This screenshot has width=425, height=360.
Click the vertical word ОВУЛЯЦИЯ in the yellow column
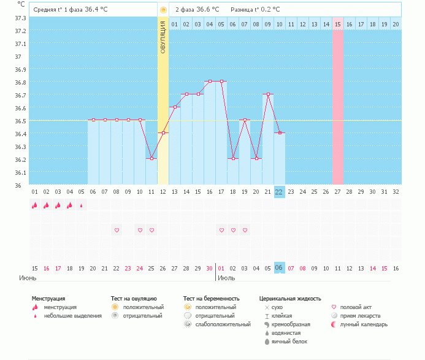(163, 37)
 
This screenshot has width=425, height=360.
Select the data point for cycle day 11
(151, 158)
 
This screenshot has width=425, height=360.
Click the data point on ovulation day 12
(163, 132)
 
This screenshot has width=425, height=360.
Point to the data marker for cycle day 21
(267, 94)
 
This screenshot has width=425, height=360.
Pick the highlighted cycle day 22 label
(279, 191)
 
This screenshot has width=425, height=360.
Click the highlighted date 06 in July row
(279, 268)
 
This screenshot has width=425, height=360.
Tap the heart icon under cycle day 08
(117, 230)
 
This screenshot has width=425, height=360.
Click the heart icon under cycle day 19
(245, 230)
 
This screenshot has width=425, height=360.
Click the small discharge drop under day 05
(82, 206)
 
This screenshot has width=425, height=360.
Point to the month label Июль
(226, 278)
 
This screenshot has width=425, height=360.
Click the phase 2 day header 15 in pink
(337, 24)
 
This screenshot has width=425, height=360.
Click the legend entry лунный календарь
(364, 324)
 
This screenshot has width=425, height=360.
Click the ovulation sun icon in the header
(163, 10)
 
